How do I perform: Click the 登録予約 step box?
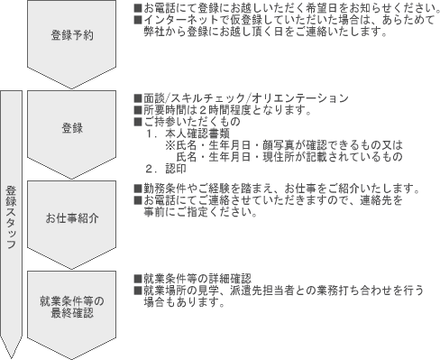point(71,35)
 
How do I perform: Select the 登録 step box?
point(71,127)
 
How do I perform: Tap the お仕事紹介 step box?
point(71,217)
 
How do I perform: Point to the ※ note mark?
point(170,144)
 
